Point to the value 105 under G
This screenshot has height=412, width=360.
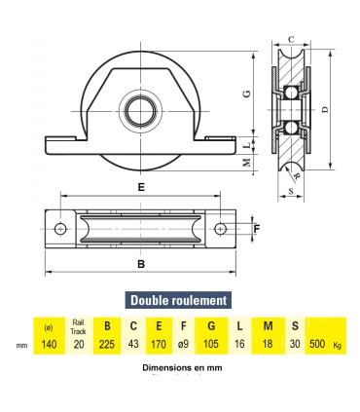(212, 344)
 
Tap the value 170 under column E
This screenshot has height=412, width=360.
(160, 344)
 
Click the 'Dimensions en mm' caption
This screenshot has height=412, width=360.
(179, 369)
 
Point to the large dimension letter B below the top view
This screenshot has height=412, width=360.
(141, 263)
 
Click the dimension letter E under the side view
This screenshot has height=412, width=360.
(141, 186)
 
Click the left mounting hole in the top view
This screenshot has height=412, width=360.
(59, 229)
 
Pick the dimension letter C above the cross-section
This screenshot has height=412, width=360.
(291, 39)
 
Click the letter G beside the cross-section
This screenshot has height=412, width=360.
(245, 93)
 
